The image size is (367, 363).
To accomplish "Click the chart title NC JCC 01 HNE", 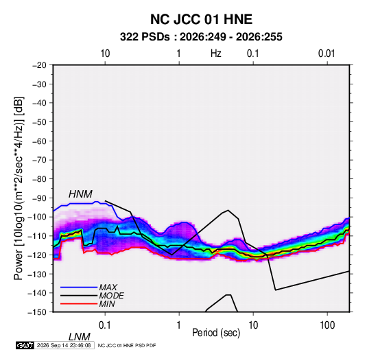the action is (x=201, y=19).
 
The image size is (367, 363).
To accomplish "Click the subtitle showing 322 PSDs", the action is (x=201, y=37).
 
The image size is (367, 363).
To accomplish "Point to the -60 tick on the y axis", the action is (x=39, y=141).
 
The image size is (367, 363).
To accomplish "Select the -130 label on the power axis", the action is (x=37, y=274).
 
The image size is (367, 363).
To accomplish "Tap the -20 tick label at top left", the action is (x=39, y=65).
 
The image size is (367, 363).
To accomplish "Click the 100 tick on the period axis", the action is (x=327, y=325).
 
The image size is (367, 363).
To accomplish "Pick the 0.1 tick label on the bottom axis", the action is (x=105, y=325).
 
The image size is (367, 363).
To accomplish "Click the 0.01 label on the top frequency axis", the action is (x=327, y=54).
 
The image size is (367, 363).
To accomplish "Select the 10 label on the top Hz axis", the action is (x=105, y=54).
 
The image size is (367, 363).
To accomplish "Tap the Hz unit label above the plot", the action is (x=216, y=54).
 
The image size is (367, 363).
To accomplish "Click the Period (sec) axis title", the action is (x=216, y=333).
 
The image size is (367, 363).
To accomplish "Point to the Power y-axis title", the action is (x=19, y=188).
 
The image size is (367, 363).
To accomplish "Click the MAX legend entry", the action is (x=108, y=288).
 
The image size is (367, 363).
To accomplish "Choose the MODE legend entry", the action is (x=111, y=296).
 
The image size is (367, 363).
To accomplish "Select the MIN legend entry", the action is (x=107, y=304).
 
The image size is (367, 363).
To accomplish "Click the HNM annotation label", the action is (x=80, y=194).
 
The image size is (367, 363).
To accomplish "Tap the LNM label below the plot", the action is (x=80, y=337).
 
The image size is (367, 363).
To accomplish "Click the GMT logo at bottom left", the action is (x=25, y=345).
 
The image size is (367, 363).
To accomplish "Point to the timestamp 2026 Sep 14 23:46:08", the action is (x=64, y=345).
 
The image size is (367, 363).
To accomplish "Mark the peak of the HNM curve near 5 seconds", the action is (x=228, y=210).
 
